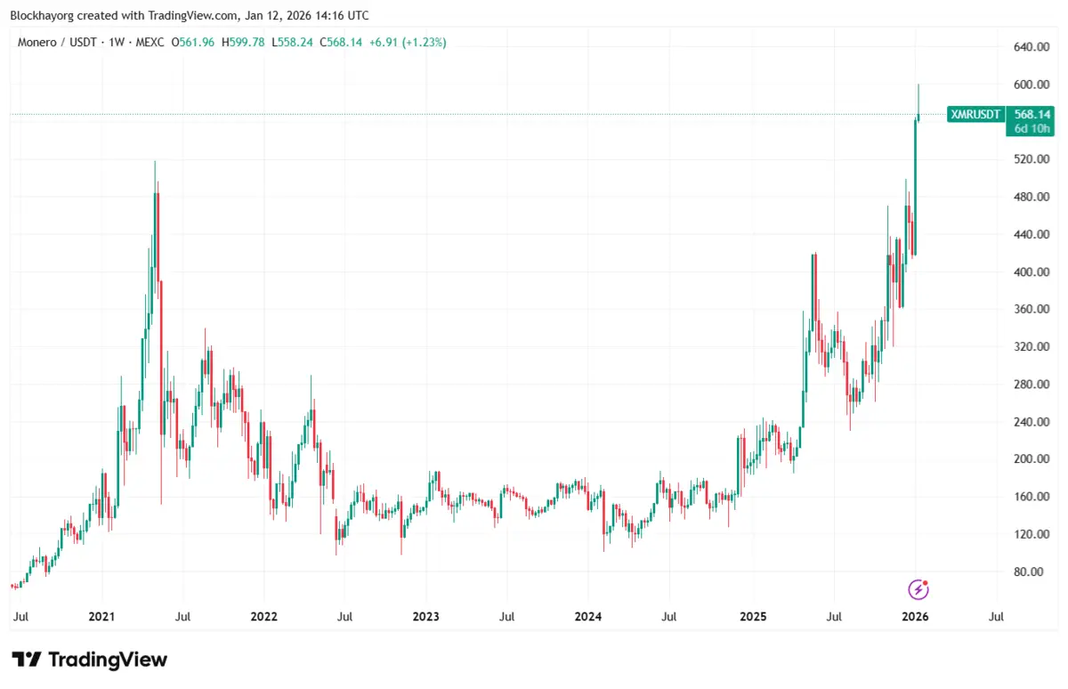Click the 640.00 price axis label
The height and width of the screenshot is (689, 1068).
(1030, 47)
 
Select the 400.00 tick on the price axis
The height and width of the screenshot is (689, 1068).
(1030, 272)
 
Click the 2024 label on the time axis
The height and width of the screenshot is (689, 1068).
(587, 616)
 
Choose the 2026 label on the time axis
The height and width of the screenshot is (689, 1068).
(916, 616)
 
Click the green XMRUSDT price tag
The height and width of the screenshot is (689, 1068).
(976, 115)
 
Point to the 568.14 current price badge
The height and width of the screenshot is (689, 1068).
(1032, 115)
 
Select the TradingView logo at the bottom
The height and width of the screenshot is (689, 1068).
(89, 660)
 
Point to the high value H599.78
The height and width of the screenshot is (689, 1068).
(243, 42)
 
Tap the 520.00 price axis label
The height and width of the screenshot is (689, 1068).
(1030, 159)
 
